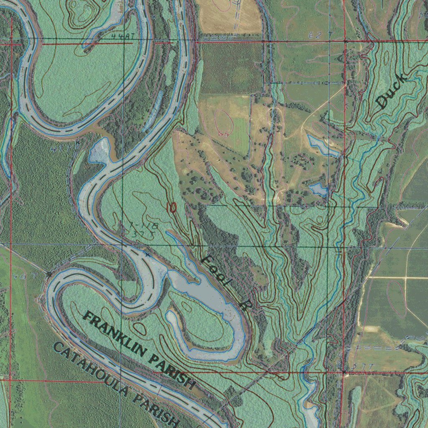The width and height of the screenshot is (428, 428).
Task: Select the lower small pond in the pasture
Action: [318, 190]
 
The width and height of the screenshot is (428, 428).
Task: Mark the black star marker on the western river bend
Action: [49, 274]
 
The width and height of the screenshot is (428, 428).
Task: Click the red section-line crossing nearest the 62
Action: [345, 42]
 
